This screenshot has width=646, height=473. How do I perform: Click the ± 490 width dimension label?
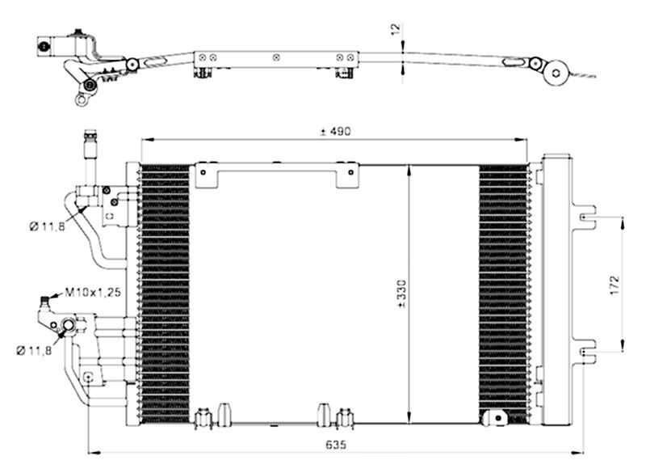click(x=335, y=132)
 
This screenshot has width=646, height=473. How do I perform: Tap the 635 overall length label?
click(x=336, y=445)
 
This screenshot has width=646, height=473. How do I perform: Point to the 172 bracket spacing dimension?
click(x=615, y=285)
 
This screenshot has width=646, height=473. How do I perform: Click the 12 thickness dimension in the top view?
click(x=395, y=29)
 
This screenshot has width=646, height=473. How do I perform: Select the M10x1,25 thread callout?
click(x=93, y=293)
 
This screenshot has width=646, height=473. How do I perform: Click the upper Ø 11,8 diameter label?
click(x=48, y=226)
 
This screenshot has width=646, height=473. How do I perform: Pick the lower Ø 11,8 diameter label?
click(x=34, y=351)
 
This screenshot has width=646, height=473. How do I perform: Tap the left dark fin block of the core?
click(x=166, y=294)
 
